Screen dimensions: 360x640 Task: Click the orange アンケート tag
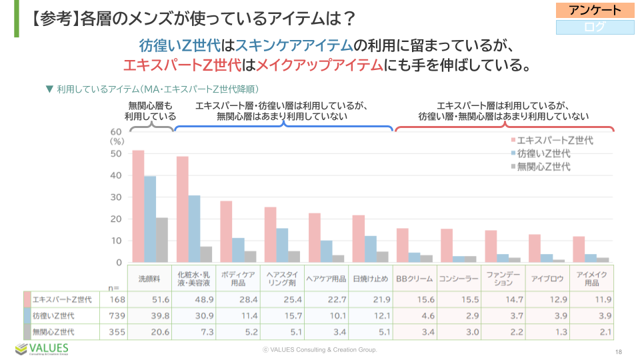(595, 10)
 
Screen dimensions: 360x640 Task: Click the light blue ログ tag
(595, 27)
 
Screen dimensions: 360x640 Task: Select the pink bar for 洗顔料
(138, 206)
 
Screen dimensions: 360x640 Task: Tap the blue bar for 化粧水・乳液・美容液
(194, 229)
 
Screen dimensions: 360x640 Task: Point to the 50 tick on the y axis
(116, 153)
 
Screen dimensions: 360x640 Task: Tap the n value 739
(117, 315)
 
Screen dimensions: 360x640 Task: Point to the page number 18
(619, 351)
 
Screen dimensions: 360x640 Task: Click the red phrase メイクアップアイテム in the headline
(320, 65)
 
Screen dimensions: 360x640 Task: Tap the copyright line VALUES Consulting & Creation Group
(319, 349)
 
